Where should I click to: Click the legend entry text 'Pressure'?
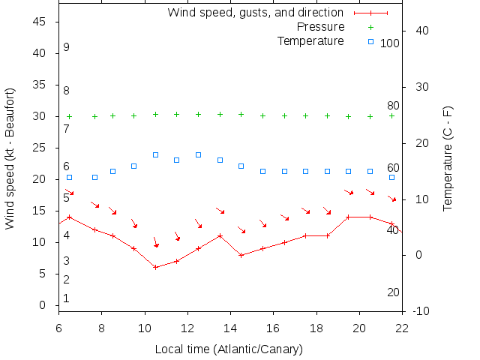pos(321,27)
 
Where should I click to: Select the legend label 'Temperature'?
pos(310,40)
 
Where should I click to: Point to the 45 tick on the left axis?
pos(40,22)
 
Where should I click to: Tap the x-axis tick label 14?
pos(230,327)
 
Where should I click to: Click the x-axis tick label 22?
pos(402,327)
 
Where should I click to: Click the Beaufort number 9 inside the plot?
pos(66,47)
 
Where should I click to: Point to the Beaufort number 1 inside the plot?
pos(66,298)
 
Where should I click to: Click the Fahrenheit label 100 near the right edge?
pos(390,43)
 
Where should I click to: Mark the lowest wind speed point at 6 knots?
pos(155,267)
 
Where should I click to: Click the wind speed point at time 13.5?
pos(220,235)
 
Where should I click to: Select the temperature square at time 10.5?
pos(155,155)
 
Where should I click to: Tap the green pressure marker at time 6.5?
pos(70,116)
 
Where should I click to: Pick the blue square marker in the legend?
pos(370,40)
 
